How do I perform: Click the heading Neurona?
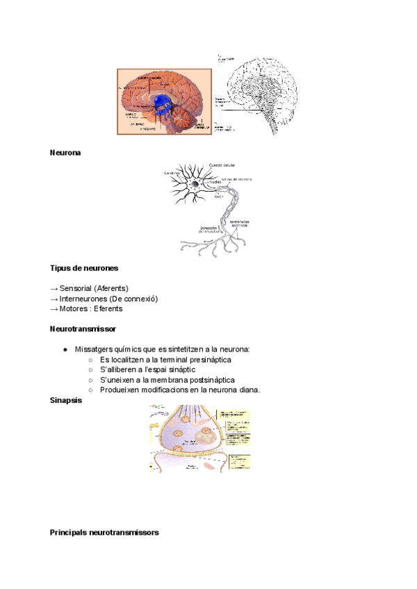click(65, 153)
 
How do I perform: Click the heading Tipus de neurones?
click(84, 267)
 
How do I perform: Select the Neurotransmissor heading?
click(83, 328)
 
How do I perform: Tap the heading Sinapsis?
click(67, 400)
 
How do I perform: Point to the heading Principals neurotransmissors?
click(104, 533)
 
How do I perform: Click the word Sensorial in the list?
click(76, 288)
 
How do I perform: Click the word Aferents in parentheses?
click(112, 288)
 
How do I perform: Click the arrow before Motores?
click(54, 308)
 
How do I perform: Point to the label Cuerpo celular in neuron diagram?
click(221, 165)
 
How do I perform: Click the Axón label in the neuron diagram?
click(221, 197)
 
